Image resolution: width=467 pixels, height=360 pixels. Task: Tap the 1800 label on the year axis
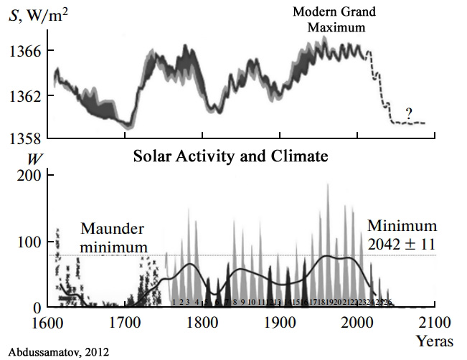click(203, 321)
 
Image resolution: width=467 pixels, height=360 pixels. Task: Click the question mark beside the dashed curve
click(407, 112)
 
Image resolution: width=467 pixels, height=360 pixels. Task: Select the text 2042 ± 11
click(401, 245)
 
